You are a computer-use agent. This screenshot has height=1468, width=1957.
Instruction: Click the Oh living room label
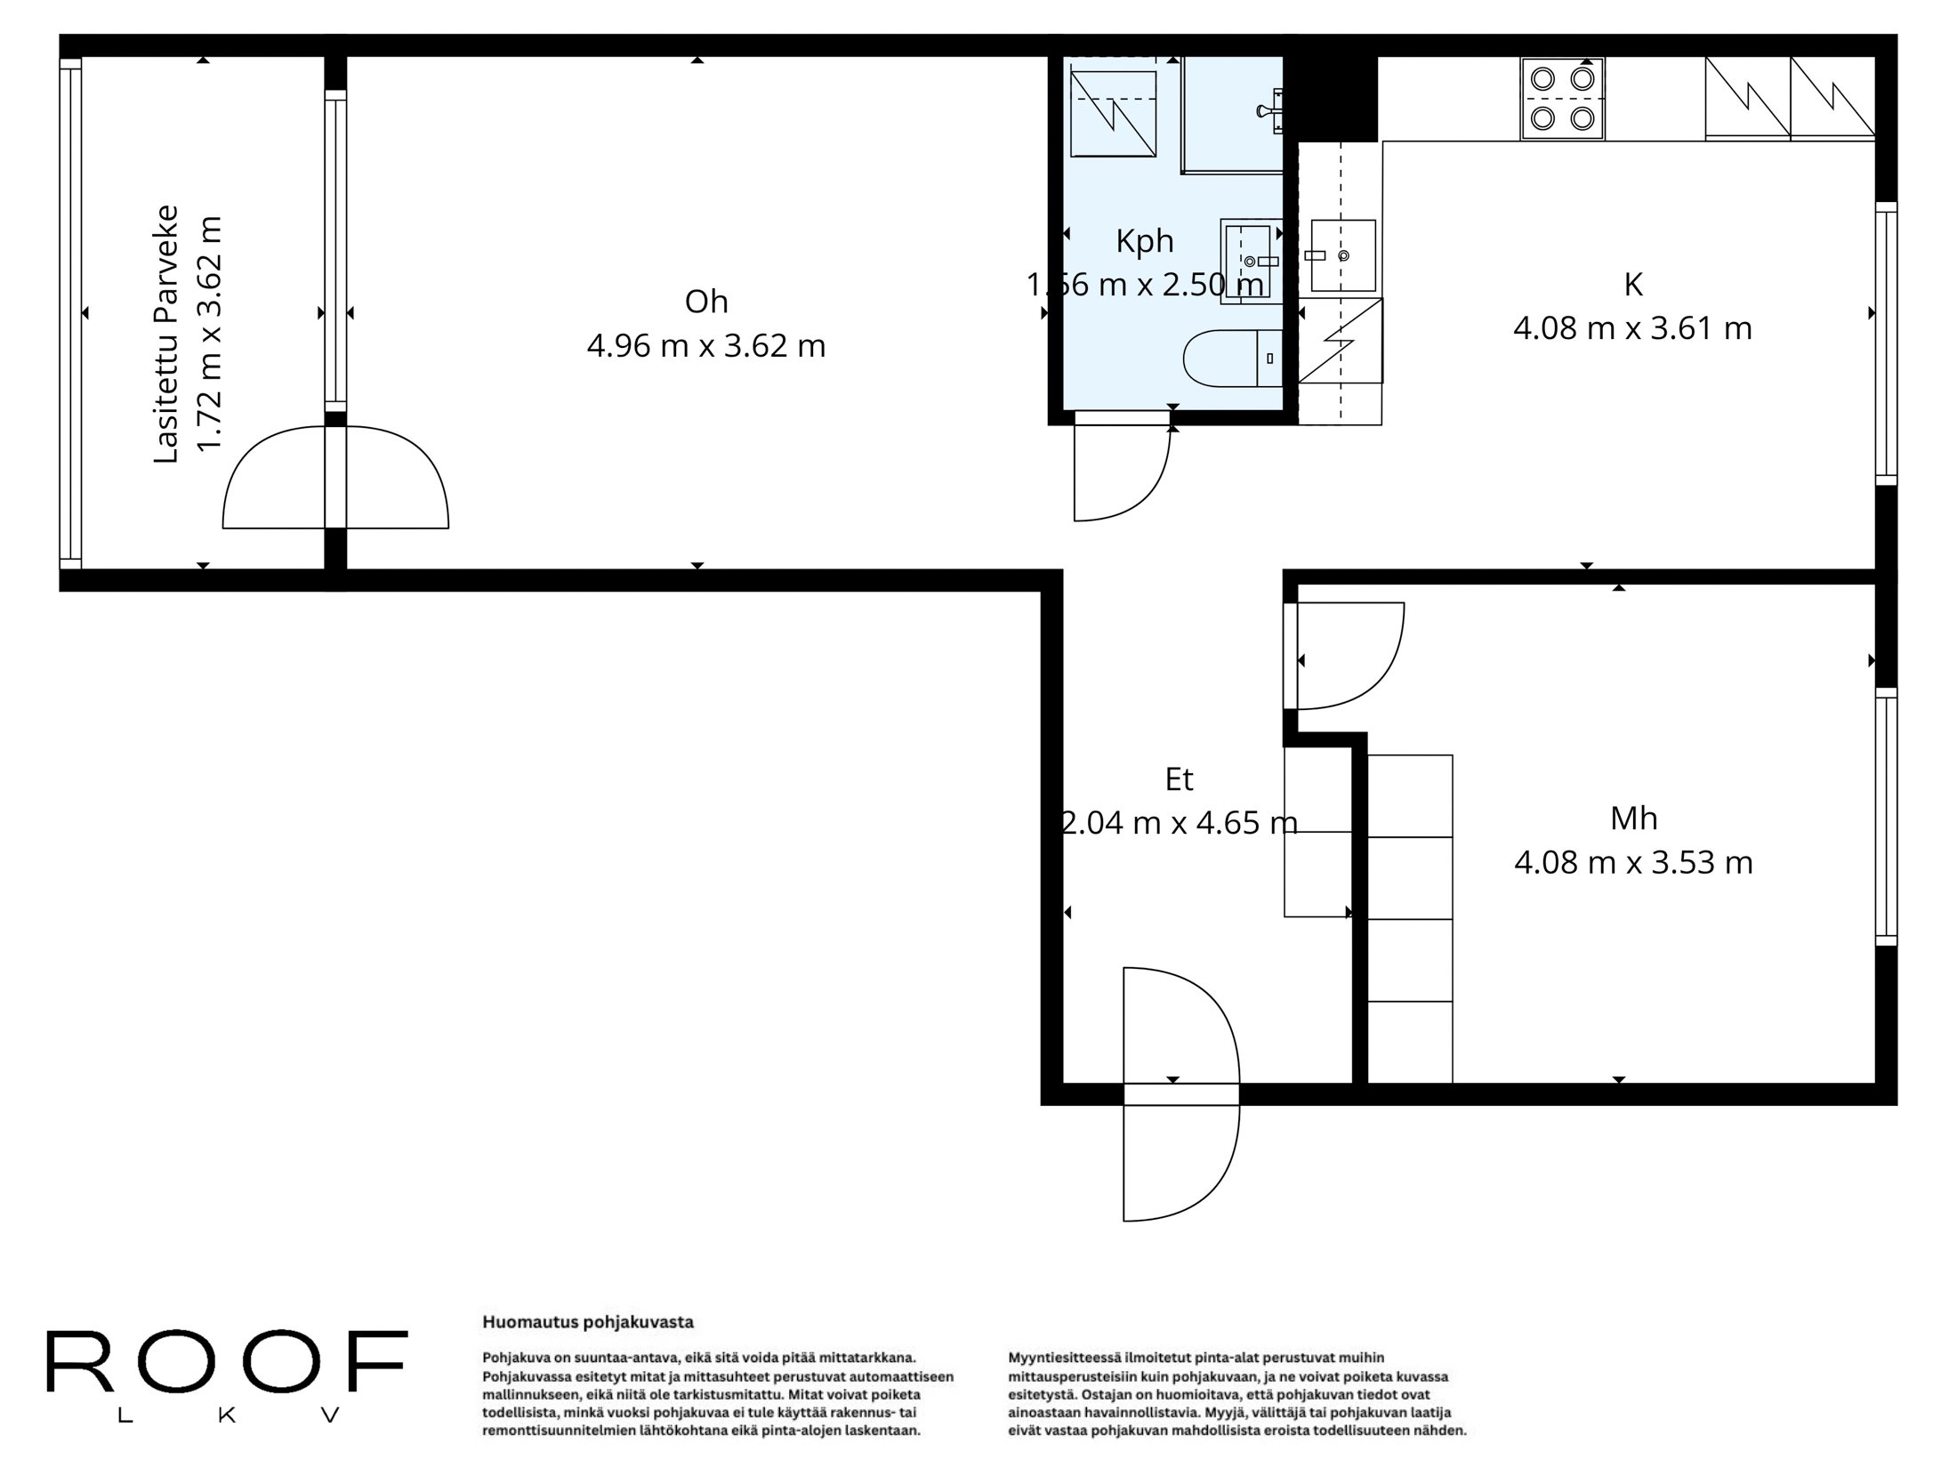pos(706,302)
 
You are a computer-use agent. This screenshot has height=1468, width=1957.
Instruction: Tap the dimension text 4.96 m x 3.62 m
pos(706,346)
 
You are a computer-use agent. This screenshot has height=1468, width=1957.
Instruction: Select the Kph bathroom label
pos(1145,241)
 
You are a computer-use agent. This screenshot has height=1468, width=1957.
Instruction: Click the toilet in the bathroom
pos(1231,358)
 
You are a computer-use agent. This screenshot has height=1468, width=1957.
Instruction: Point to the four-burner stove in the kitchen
pos(1562,98)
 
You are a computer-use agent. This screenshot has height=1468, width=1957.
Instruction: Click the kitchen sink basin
pos(1342,256)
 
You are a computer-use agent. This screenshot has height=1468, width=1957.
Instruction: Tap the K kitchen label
pos(1632,285)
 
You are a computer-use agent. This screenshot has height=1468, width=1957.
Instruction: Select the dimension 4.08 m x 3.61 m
pos(1632,328)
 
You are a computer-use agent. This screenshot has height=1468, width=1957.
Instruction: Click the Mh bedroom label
pos(1633,819)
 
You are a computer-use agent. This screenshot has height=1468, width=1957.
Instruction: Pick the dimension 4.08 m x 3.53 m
pos(1633,862)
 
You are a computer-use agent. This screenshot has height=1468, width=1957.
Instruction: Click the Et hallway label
pos(1179,779)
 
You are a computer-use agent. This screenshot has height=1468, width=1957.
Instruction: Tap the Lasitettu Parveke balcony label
pos(166,334)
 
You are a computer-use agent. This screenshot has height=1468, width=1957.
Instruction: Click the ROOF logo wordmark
pos(227,1363)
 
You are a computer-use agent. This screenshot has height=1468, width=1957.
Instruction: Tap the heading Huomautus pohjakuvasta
pos(587,1322)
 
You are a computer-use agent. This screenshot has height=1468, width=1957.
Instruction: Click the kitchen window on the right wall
pos(1886,343)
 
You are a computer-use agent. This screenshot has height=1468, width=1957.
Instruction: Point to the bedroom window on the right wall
pos(1886,816)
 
